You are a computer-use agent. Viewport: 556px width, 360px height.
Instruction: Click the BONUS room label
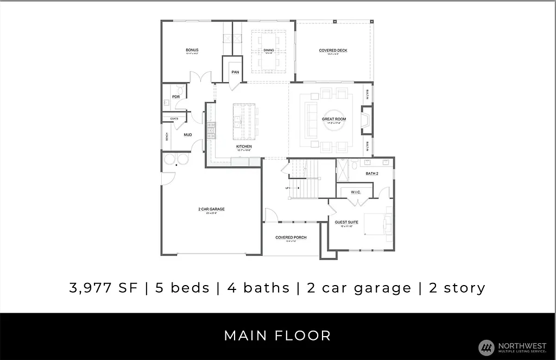[192, 50]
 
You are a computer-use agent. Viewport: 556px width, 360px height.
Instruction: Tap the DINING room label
[269, 50]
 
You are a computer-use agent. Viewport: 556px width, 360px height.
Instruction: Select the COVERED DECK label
[333, 50]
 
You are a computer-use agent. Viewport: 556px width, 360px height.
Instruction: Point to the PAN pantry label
[235, 72]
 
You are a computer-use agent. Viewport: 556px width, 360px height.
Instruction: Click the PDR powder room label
[176, 97]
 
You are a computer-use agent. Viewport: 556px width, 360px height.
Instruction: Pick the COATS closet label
[174, 118]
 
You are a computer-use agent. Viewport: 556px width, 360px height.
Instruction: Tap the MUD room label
[187, 135]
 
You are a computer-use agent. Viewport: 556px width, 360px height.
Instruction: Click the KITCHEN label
[244, 147]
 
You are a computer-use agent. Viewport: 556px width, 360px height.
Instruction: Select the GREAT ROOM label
[334, 119]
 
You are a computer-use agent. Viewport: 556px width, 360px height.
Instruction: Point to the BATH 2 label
[371, 173]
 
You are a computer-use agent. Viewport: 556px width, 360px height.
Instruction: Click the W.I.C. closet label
[356, 192]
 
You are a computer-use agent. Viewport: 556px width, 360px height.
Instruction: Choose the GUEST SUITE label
[346, 222]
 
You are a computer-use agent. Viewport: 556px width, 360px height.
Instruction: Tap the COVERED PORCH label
[291, 237]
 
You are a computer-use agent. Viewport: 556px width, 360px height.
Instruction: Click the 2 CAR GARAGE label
[211, 209]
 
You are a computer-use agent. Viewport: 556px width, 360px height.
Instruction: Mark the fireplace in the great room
[367, 120]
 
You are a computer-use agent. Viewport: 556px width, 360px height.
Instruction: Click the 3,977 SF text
[104, 288]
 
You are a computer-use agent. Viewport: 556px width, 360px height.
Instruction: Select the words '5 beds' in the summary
[182, 288]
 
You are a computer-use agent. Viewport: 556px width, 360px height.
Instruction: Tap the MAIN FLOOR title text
[277, 336]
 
